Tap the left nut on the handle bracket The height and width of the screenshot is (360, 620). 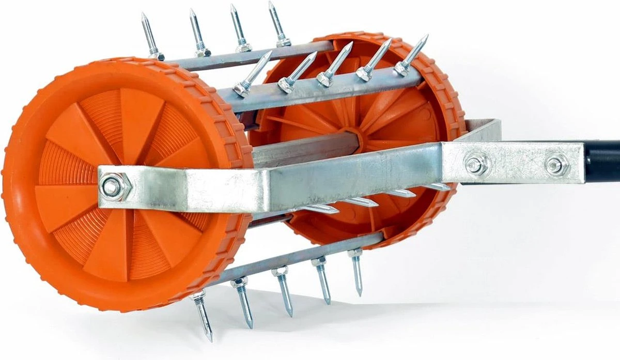[474, 165]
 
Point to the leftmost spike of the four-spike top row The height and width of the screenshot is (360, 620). [150, 36]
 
